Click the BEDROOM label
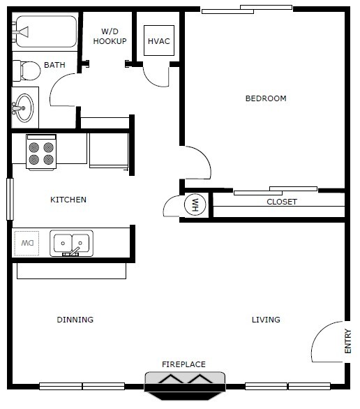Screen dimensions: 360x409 [x=266, y=98]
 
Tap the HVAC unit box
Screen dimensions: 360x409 [x=159, y=40]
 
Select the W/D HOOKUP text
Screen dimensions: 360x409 [x=110, y=36]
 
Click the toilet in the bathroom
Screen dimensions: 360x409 [x=27, y=70]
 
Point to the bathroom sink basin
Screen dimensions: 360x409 [x=24, y=108]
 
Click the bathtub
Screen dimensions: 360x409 [x=45, y=31]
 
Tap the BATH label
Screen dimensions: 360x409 [x=54, y=65]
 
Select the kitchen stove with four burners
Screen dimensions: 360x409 [x=41, y=152]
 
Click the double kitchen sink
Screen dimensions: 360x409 [x=71, y=243]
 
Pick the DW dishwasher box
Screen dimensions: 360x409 [x=27, y=244]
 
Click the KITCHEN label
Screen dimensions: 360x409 [x=68, y=200]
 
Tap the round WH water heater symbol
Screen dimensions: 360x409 [x=195, y=204]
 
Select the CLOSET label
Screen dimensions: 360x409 [x=282, y=202]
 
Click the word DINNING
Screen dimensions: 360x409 [x=75, y=320]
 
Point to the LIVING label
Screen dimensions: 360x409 [x=266, y=320]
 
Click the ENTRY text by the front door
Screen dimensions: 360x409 [x=348, y=341]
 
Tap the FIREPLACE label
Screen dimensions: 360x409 [x=183, y=364]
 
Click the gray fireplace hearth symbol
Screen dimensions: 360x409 [x=185, y=385]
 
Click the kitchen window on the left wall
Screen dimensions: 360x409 [x=10, y=200]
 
